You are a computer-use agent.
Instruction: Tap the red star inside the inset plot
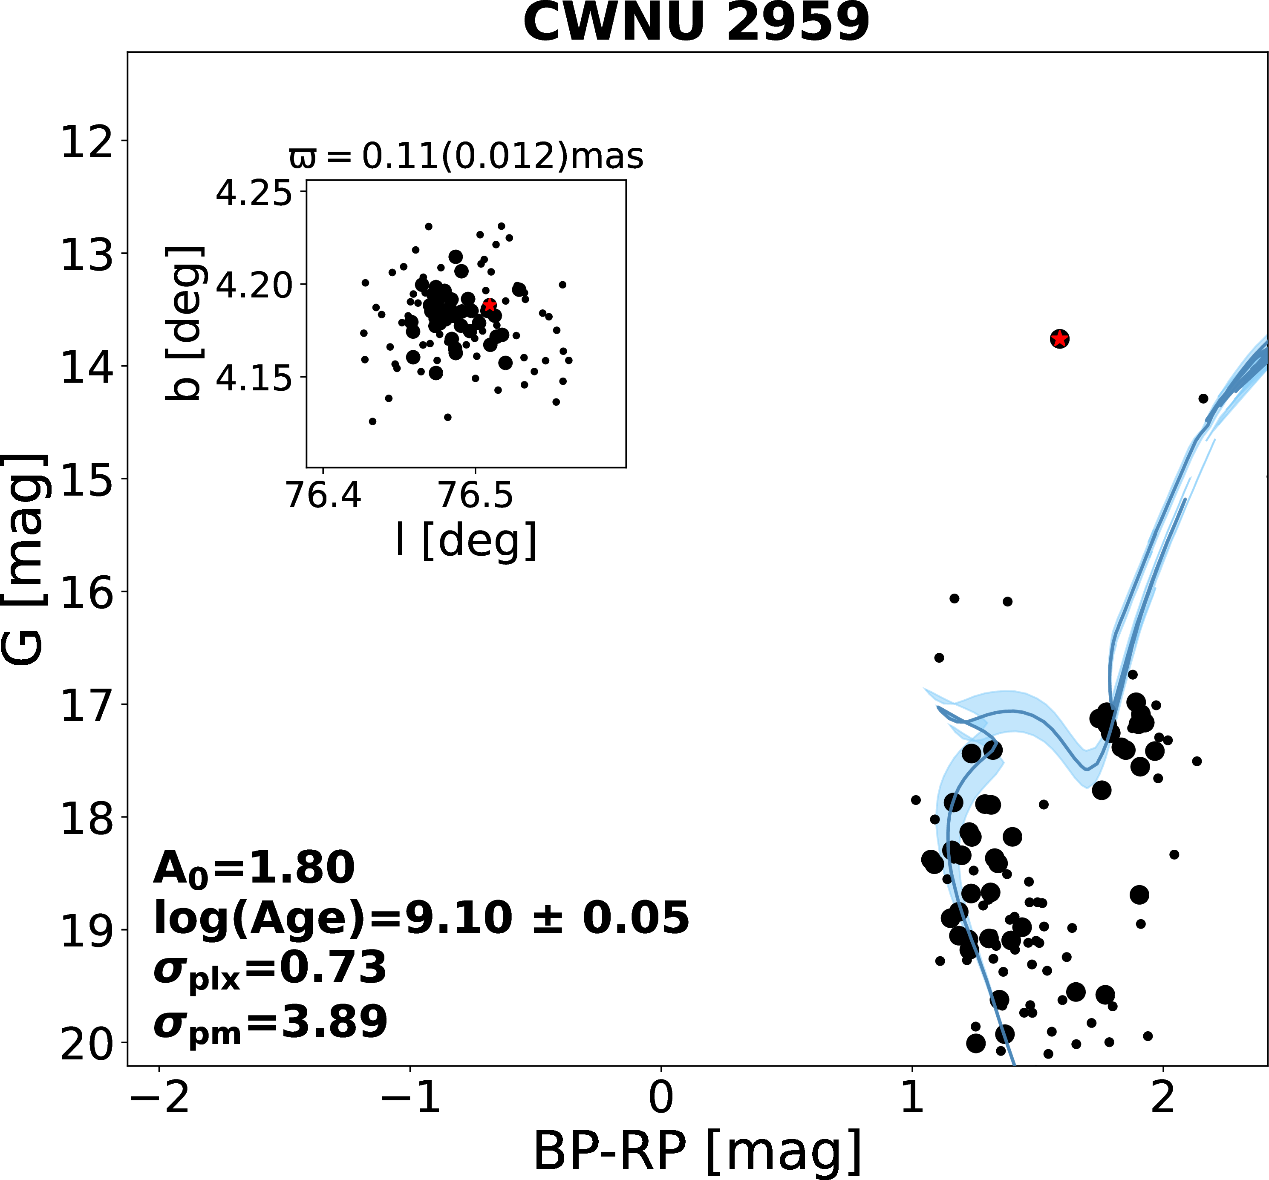tap(489, 305)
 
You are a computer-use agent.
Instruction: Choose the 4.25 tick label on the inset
tap(254, 193)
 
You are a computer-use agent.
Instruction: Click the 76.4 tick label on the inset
tap(324, 495)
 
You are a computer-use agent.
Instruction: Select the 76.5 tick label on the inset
tap(476, 495)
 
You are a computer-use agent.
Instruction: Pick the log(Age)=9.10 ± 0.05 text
tap(421, 918)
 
